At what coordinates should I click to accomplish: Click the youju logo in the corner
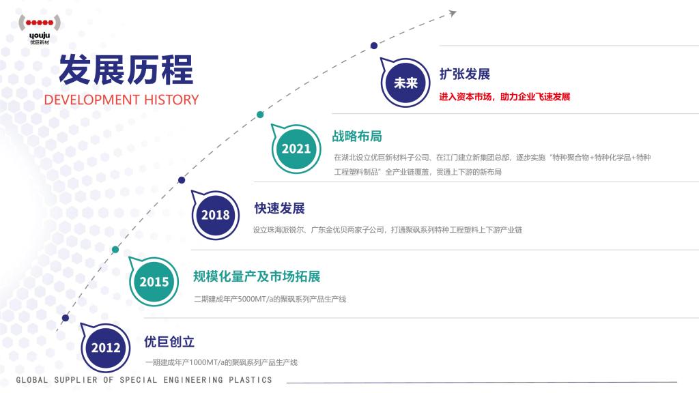point(40,29)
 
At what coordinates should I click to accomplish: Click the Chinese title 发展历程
point(126,70)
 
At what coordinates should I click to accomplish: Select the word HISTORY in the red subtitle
point(171,100)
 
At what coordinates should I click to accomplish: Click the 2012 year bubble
point(105,347)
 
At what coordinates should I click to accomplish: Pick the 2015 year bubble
point(154,281)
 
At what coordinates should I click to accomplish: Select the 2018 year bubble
point(215,215)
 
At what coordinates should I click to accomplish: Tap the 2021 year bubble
point(296,148)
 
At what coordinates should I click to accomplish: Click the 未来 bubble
point(405,83)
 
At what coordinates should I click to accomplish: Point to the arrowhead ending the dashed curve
point(453,13)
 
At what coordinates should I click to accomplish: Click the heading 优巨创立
point(169,342)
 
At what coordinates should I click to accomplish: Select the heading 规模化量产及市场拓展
point(257,276)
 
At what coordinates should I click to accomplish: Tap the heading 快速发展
point(279,208)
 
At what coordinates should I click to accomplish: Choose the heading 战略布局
point(357,136)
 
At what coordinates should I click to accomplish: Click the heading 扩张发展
point(464,74)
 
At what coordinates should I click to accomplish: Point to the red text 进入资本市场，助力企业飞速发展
point(504,97)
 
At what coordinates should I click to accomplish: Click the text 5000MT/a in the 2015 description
point(255,299)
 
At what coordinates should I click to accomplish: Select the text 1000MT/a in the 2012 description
point(206,363)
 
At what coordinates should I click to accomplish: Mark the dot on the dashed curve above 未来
point(374,46)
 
